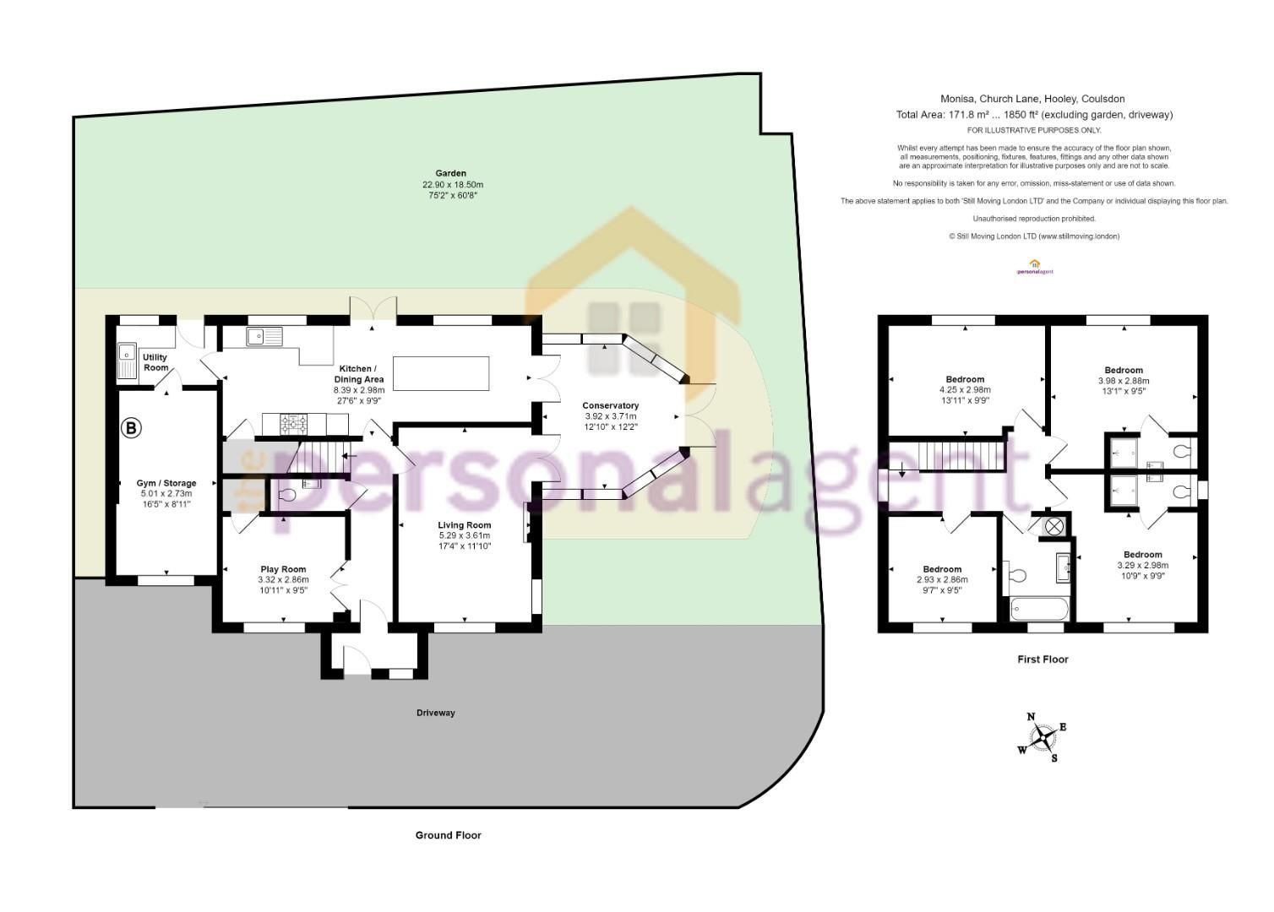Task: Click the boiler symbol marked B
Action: [131, 428]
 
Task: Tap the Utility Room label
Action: [155, 362]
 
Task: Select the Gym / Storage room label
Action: [166, 484]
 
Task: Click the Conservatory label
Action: [611, 405]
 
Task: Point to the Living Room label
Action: [465, 525]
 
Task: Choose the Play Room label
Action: [283, 569]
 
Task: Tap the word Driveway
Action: [436, 713]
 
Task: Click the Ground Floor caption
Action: [448, 835]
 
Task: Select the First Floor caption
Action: [1043, 660]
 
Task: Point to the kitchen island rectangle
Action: [441, 374]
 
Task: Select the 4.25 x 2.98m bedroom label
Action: [964, 390]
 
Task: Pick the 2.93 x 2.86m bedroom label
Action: [942, 580]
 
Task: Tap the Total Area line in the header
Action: [1034, 115]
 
